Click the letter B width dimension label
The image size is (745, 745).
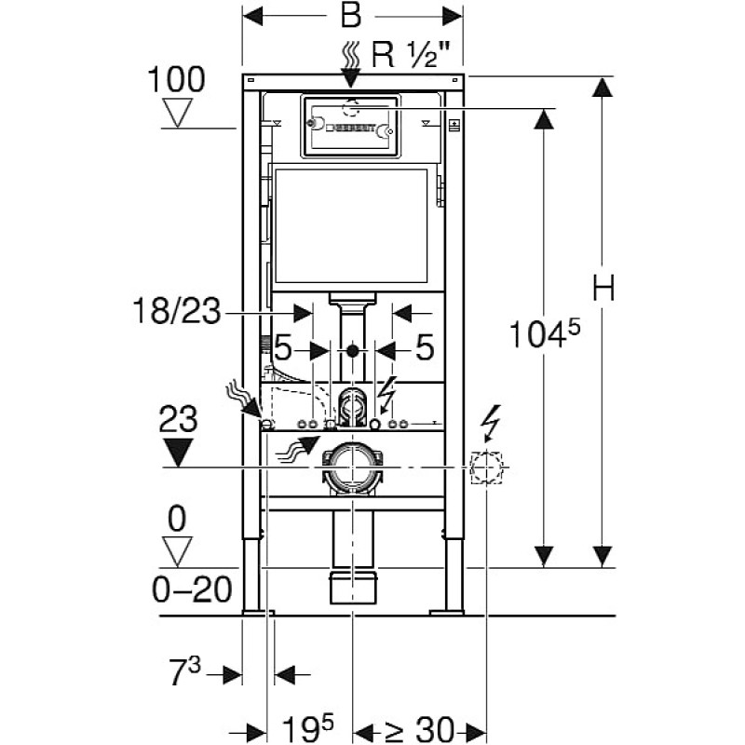[x=351, y=16]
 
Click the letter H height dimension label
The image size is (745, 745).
[x=603, y=288]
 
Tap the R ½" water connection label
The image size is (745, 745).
[x=411, y=55]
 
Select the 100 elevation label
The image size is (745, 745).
[x=176, y=79]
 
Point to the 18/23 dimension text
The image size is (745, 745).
[x=177, y=311]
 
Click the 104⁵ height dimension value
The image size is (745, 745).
[x=545, y=333]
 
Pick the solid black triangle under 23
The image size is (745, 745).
[x=178, y=453]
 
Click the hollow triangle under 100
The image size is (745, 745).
[x=177, y=113]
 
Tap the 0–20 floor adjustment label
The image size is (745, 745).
[x=192, y=589]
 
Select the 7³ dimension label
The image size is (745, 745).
[x=185, y=671]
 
